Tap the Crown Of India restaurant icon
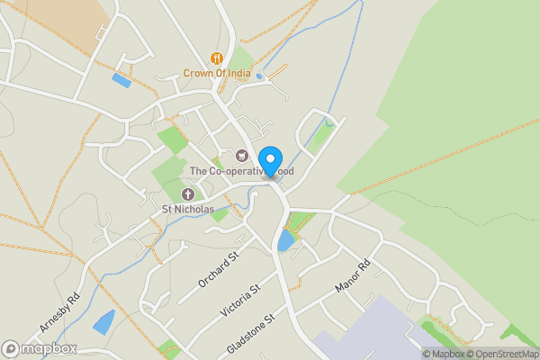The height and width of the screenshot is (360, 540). click(216, 58)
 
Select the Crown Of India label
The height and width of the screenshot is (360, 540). click(216, 74)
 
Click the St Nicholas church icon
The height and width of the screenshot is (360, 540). click(188, 194)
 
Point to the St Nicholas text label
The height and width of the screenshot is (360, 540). click(188, 210)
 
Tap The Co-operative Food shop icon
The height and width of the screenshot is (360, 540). click(241, 156)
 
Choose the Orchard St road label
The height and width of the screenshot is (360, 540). click(220, 270)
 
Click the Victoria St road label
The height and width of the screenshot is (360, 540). click(240, 301)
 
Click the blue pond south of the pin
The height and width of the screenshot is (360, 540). click(285, 240)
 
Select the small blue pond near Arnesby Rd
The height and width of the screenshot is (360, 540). click(103, 322)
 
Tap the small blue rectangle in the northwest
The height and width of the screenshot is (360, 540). click(121, 80)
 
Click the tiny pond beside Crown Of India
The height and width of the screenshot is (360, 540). click(259, 76)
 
